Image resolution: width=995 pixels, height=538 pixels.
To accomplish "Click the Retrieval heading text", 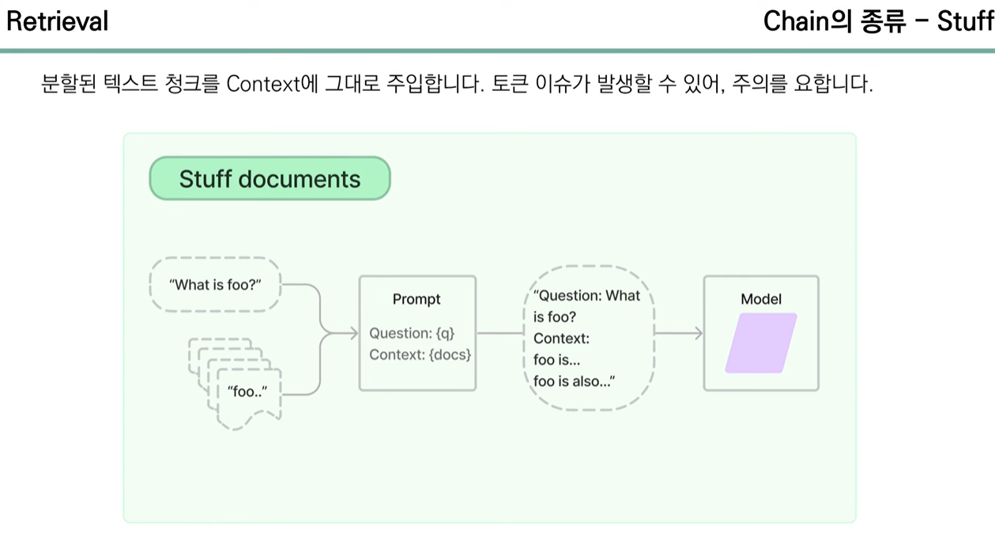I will click(x=57, y=21).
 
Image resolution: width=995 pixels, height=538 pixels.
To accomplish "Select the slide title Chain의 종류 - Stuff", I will click(x=878, y=21).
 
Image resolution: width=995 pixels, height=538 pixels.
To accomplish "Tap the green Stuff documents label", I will click(x=269, y=179).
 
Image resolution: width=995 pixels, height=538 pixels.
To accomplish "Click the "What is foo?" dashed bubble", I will click(x=215, y=285).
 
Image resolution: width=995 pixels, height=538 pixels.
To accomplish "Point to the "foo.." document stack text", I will click(x=247, y=391).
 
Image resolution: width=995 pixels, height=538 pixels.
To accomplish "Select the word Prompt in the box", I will click(x=416, y=299).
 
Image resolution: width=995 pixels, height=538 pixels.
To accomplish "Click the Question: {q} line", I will click(x=412, y=333).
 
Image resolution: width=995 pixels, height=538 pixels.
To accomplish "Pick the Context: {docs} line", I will click(x=420, y=354).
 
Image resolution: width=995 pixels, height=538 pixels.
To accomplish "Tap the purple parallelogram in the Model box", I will click(x=761, y=343).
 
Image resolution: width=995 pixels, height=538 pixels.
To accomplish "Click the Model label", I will click(x=761, y=299).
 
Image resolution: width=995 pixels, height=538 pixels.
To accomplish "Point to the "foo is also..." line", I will click(x=574, y=381).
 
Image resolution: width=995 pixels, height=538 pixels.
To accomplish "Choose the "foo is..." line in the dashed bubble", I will click(x=556, y=360).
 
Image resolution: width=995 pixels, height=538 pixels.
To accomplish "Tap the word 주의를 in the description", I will click(x=759, y=84).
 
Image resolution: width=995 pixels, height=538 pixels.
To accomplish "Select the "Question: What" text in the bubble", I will click(x=586, y=296).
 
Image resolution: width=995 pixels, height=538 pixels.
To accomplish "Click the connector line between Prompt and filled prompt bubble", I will click(x=499, y=333).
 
